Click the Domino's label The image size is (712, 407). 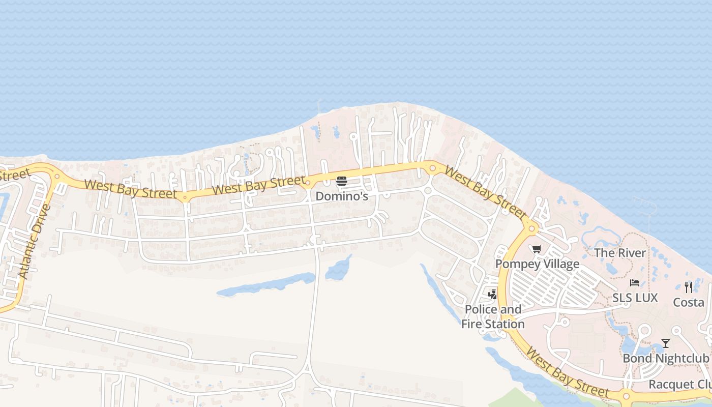click(x=342, y=196)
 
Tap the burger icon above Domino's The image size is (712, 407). click(x=342, y=181)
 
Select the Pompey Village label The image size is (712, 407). click(x=537, y=264)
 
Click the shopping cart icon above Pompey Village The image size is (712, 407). click(x=537, y=249)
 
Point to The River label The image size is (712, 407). click(x=620, y=252)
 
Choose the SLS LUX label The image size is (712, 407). click(x=635, y=298)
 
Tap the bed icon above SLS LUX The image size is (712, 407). click(x=634, y=283)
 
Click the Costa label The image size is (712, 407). click(x=689, y=302)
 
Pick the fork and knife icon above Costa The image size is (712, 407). click(x=689, y=287)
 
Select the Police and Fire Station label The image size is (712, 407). click(x=493, y=316)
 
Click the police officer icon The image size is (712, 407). click(x=492, y=294)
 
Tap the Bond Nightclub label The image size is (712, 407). click(x=666, y=358)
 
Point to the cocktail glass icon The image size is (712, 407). click(x=665, y=343)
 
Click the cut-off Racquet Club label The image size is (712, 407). click(x=679, y=384)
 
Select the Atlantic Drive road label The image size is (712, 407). click(x=35, y=242)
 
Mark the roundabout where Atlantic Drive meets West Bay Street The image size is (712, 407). click(x=56, y=177)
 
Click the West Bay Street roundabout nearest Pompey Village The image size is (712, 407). click(x=532, y=229)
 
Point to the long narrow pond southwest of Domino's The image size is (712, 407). click(x=267, y=285)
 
